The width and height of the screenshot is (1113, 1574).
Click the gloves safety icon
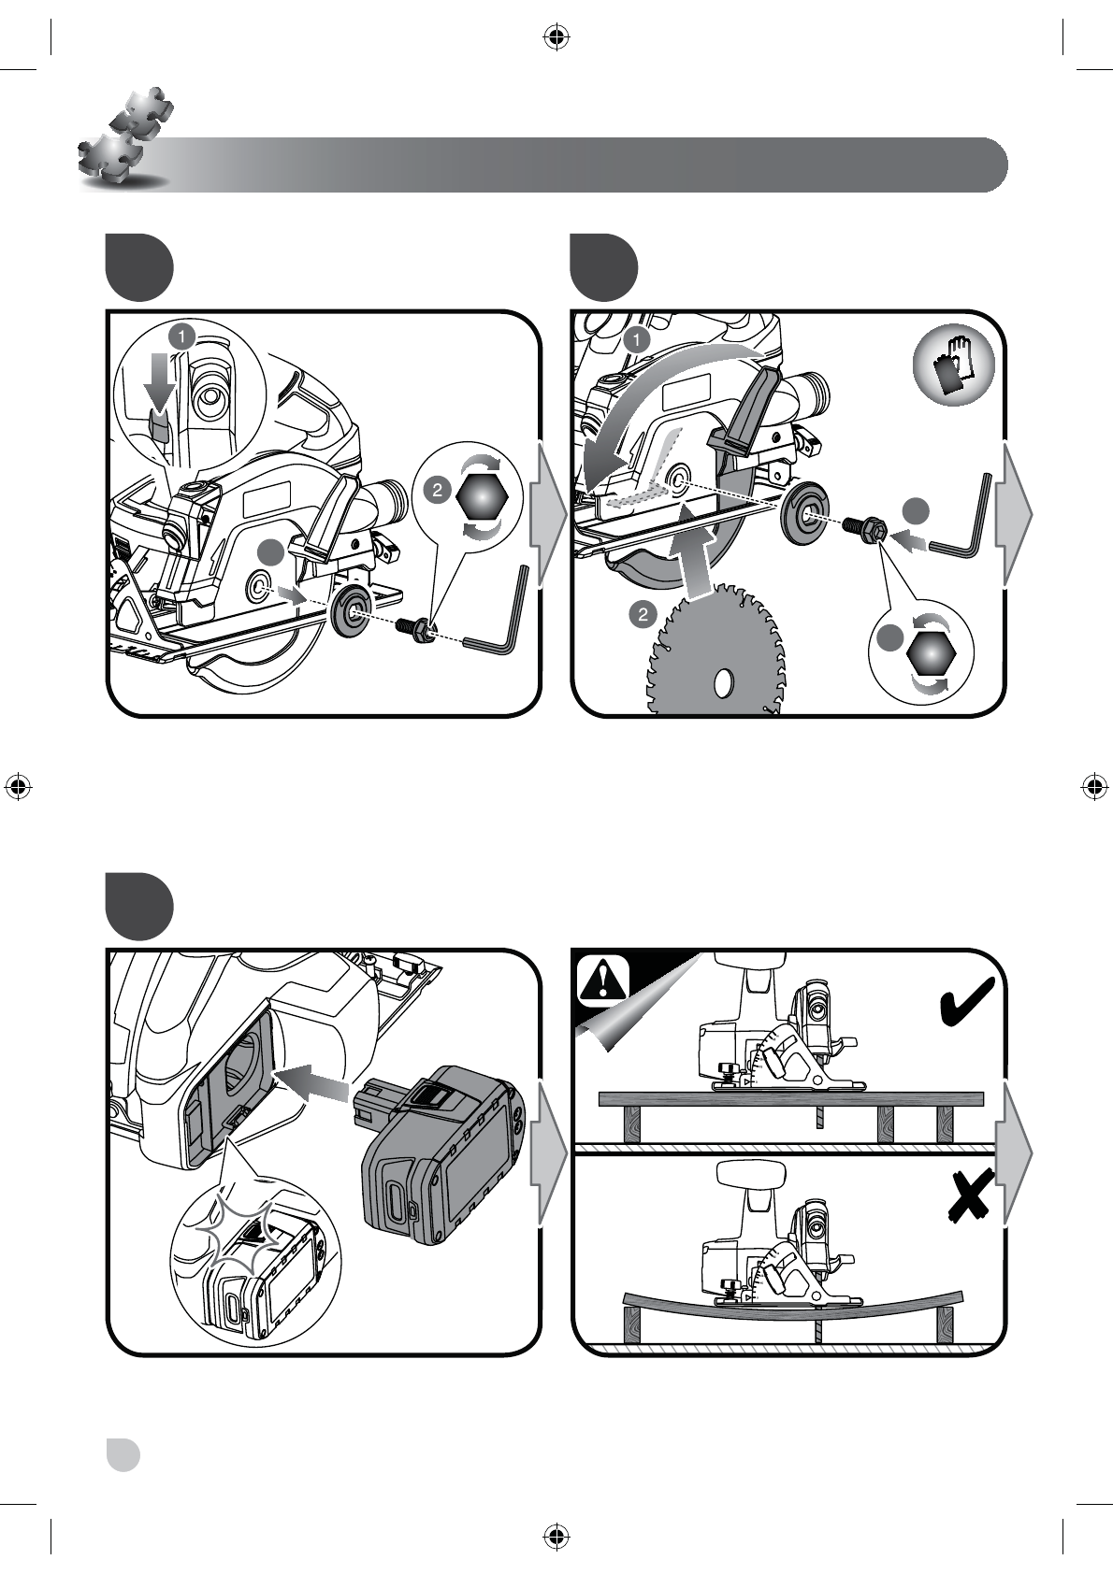pyautogui.click(x=953, y=364)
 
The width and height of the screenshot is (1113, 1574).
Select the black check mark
pyautogui.click(x=966, y=1003)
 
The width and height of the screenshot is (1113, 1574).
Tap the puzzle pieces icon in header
pyautogui.click(x=126, y=137)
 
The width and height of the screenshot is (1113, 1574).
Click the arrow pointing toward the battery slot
pyautogui.click(x=312, y=1081)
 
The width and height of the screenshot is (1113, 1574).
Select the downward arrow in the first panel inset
pyautogui.click(x=159, y=382)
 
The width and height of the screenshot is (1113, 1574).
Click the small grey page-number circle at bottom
pyautogui.click(x=123, y=1454)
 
